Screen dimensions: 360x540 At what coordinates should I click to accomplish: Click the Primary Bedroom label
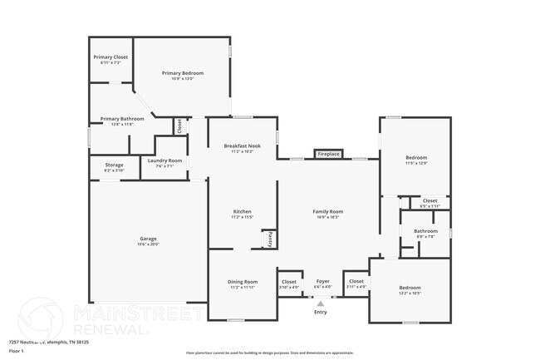coord(182,73)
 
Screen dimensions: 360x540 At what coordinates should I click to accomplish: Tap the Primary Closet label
coord(110,57)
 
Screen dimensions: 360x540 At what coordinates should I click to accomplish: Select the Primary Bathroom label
coord(122,119)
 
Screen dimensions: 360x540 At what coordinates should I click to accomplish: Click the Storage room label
coord(114,165)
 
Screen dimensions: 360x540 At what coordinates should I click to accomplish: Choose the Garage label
coord(148,239)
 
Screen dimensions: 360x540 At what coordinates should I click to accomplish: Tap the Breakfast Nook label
coord(242,146)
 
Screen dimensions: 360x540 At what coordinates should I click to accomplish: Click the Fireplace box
coord(329,154)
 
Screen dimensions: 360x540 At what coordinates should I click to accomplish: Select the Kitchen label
coord(242,211)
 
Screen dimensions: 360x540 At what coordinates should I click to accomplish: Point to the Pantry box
coord(270,239)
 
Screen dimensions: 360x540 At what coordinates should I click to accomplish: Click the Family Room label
coord(328,211)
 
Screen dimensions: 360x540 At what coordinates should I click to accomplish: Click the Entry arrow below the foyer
coord(321,304)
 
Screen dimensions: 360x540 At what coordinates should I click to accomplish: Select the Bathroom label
coord(426,230)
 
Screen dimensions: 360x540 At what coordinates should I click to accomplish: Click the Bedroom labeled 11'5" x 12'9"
coord(416,158)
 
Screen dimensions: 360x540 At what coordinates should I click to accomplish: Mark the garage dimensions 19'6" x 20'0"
coord(148,244)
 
